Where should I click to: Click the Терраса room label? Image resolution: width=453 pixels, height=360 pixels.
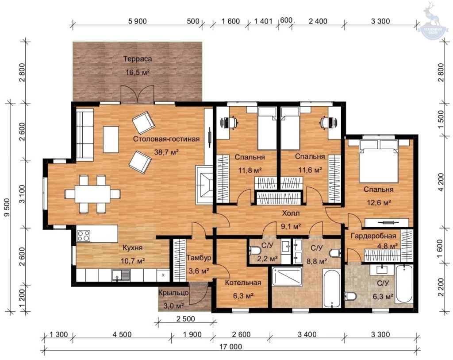(138, 59)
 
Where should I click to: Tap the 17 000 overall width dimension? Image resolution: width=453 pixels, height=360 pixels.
(230, 346)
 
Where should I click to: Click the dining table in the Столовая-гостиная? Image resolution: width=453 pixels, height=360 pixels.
(92, 194)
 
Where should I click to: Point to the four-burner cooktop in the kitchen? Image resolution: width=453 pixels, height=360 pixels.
(84, 236)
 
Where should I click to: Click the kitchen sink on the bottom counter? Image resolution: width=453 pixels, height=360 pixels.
(121, 275)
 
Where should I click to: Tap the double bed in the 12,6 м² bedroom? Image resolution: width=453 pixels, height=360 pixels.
(379, 161)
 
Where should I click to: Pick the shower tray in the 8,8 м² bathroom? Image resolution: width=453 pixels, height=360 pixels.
(287, 276)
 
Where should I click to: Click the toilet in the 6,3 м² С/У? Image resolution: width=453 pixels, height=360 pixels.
(350, 296)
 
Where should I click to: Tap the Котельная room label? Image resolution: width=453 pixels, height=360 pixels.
(243, 283)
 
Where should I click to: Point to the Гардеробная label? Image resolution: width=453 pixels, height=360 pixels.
(373, 236)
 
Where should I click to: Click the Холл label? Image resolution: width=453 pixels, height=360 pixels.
(291, 213)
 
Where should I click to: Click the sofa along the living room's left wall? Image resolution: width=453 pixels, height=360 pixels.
(84, 135)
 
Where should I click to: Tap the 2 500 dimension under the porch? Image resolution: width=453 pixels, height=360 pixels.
(185, 319)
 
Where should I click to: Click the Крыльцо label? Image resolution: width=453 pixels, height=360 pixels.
(173, 293)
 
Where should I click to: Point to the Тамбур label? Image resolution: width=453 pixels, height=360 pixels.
(199, 258)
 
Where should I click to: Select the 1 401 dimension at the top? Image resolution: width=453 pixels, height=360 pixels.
(263, 21)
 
